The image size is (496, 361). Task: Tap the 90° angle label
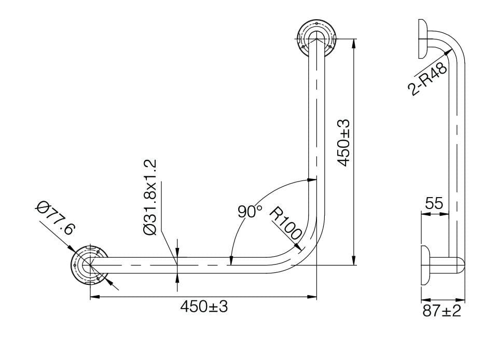[x=250, y=212]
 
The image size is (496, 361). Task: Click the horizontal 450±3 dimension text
[x=204, y=307]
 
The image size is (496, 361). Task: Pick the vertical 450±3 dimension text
[x=343, y=143]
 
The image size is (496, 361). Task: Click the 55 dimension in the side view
[x=434, y=203]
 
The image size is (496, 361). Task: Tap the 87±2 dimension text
[x=442, y=311]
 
